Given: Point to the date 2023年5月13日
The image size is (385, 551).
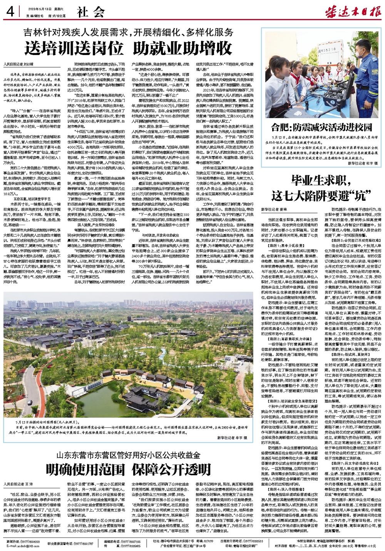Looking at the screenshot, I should point(39,9).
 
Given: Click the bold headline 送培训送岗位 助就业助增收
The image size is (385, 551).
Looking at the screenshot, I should point(129,48).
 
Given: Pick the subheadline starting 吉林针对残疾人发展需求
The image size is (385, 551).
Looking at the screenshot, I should point(129,32).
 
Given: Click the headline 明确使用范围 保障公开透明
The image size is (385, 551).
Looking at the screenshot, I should point(129,469).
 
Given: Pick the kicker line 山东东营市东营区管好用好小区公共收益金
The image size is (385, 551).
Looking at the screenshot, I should point(129,455).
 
